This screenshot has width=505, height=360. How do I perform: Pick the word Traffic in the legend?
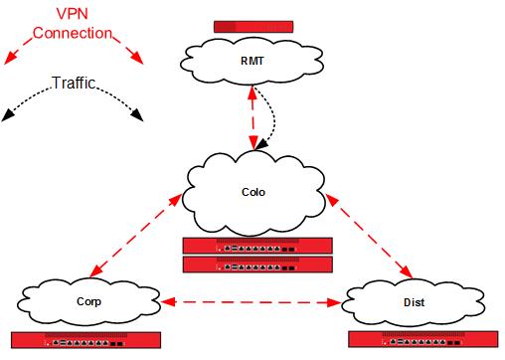[75, 84]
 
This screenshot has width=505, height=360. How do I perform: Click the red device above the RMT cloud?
[254, 25]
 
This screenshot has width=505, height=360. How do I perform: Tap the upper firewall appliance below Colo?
[257, 246]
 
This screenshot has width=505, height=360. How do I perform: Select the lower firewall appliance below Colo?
[257, 264]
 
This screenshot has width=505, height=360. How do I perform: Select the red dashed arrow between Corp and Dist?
[251, 299]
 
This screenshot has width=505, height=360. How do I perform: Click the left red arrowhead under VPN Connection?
[11, 60]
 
